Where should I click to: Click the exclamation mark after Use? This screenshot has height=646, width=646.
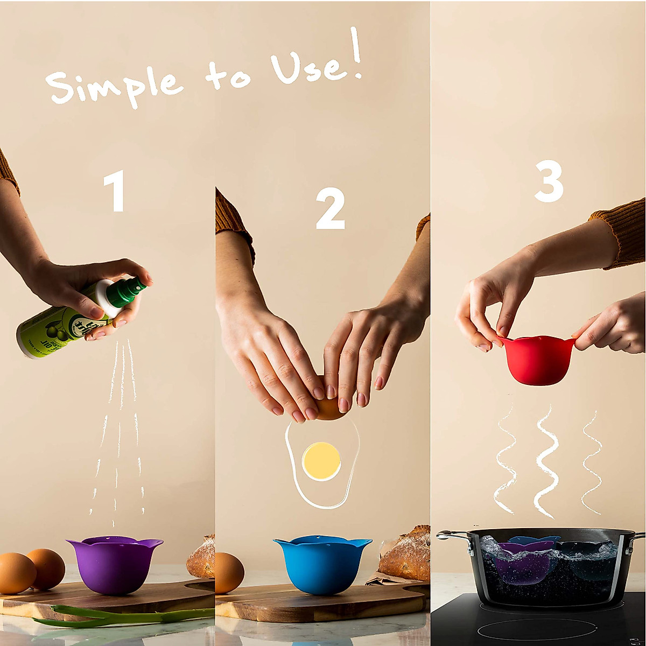tap(355, 54)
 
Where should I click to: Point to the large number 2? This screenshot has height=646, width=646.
tap(329, 210)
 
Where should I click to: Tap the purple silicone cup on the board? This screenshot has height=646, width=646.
tap(114, 563)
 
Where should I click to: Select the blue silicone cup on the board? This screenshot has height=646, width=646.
tap(322, 563)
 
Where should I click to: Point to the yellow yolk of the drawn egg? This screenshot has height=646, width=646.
tap(321, 461)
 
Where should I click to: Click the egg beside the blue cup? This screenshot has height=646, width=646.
tap(229, 573)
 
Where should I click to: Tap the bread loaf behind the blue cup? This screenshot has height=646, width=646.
tap(406, 554)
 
